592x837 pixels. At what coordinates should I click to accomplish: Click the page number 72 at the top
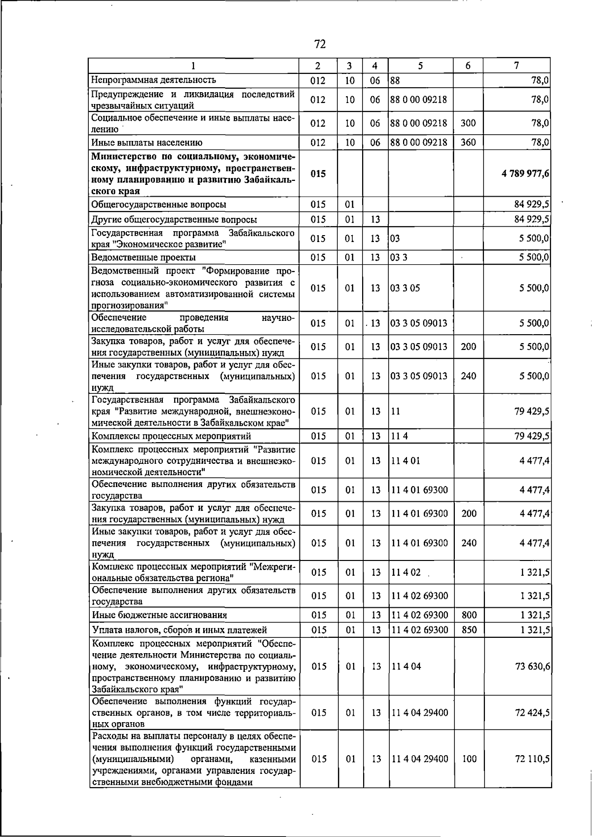point(320,44)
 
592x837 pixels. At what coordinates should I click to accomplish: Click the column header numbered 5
point(420,66)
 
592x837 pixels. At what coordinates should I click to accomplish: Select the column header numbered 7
point(516,66)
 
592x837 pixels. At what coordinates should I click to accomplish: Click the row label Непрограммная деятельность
point(154,80)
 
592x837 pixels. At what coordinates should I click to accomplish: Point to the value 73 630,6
point(532,666)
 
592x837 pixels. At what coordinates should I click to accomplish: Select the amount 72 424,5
point(532,712)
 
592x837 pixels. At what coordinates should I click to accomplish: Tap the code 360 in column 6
point(468,142)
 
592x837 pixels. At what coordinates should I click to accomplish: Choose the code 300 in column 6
point(468,123)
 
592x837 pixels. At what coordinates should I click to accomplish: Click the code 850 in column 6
point(469,629)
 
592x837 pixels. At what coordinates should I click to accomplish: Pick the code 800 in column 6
point(469,615)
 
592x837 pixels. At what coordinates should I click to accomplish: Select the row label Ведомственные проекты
point(144,257)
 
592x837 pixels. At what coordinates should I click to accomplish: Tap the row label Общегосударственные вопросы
point(159,204)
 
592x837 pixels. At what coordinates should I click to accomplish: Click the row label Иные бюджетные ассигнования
point(159,615)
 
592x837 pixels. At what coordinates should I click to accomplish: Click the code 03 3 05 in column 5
point(405,288)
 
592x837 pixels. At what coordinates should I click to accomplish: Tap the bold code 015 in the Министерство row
point(319,174)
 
